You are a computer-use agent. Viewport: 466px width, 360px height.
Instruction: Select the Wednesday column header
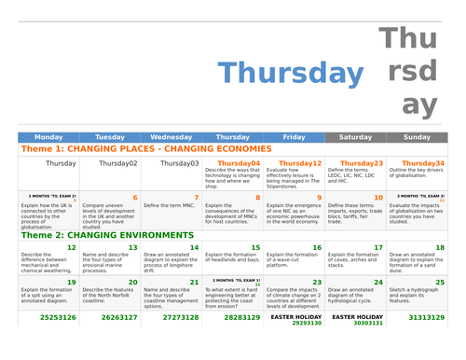click(171, 137)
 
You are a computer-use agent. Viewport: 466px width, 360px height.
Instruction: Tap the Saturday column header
click(355, 137)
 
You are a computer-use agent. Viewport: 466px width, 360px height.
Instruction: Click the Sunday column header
click(417, 137)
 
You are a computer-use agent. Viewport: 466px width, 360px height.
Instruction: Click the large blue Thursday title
click(291, 74)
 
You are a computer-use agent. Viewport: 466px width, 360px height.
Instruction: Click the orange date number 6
click(135, 198)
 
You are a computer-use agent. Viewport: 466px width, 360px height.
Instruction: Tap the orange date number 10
click(377, 198)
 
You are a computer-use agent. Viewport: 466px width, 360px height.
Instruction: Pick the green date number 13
click(132, 248)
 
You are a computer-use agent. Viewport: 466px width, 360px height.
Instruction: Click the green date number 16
click(317, 248)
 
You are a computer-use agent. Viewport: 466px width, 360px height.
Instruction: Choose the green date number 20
click(132, 282)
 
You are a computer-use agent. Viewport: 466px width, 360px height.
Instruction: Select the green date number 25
click(440, 282)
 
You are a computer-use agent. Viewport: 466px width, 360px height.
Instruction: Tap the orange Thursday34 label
click(422, 163)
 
